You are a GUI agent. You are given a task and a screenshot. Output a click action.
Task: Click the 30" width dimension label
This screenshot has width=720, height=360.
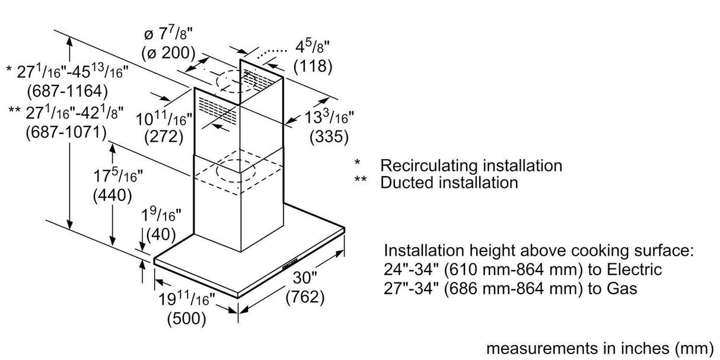[x=307, y=277]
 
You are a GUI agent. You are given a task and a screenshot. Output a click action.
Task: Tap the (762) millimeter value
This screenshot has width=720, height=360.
[x=305, y=297]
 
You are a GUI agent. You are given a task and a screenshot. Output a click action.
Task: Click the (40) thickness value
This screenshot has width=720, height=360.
[x=157, y=234]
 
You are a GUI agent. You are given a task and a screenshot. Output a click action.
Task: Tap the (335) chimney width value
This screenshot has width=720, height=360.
[x=329, y=137]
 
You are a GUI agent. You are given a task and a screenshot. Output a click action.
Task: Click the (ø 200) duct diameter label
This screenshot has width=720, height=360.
[x=168, y=53]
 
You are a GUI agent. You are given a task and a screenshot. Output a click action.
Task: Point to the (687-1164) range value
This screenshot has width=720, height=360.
[x=67, y=91]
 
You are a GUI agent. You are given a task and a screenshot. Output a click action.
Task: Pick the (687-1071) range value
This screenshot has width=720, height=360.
[x=66, y=132]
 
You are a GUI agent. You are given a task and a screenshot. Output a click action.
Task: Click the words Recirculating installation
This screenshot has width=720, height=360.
[x=470, y=165]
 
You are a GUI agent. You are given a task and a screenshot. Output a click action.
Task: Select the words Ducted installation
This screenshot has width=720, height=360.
[x=449, y=182]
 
